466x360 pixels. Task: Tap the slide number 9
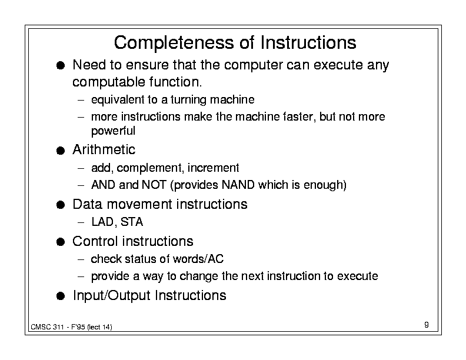point(427,325)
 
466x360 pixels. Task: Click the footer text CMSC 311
point(47,327)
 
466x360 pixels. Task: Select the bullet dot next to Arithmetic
point(61,151)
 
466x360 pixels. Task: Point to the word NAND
point(238,185)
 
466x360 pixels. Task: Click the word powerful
point(113,131)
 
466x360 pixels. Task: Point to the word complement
point(149,168)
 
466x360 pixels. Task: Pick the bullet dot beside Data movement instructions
point(61,205)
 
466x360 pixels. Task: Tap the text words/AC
point(198,259)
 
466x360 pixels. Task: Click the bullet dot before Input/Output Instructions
point(61,296)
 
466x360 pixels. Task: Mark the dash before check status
point(81,259)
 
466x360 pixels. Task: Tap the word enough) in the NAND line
point(325,185)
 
